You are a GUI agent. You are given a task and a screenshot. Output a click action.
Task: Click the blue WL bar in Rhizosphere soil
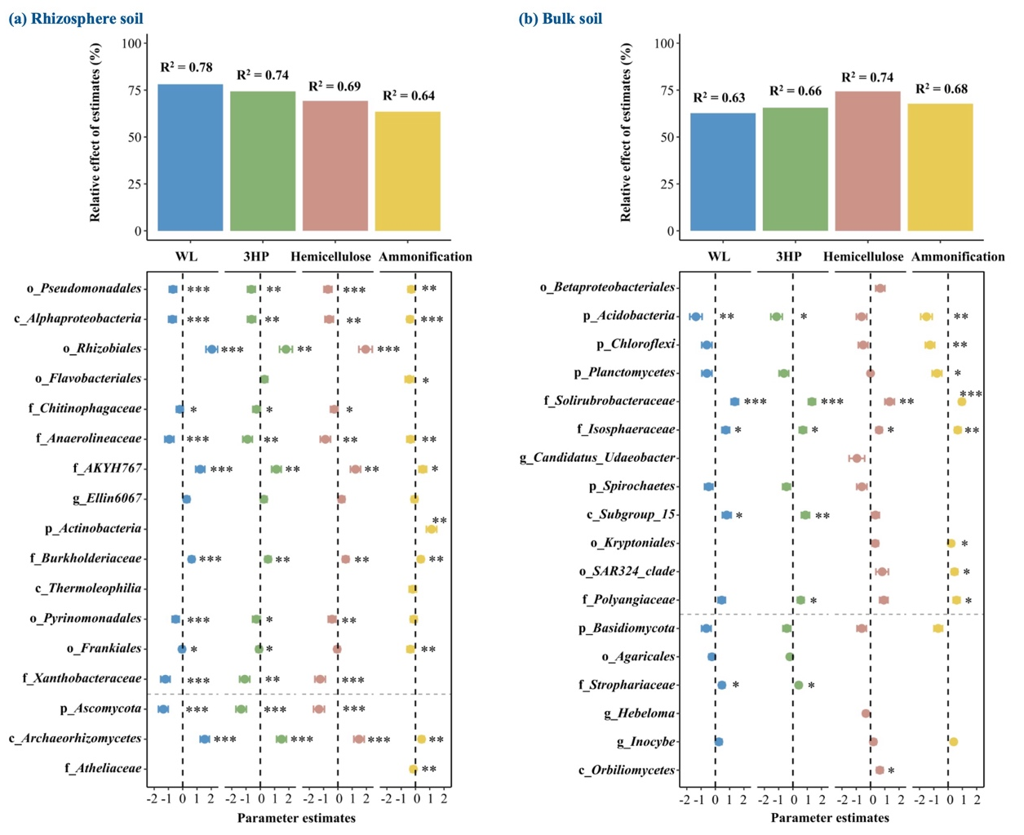point(190,157)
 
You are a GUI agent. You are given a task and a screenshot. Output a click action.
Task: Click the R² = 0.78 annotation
point(186,68)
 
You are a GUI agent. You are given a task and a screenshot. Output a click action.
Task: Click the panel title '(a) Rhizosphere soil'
point(75,19)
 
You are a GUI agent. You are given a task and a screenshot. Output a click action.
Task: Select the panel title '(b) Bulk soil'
point(561,19)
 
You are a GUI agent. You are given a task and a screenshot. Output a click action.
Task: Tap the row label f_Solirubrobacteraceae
point(609,401)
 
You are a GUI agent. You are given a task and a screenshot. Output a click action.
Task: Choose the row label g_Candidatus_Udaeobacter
point(597,458)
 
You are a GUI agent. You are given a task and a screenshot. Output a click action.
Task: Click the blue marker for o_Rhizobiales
point(211,349)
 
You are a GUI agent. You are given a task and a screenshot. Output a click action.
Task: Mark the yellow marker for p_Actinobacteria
point(431,530)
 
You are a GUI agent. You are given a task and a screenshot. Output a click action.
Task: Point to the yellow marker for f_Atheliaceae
point(413,769)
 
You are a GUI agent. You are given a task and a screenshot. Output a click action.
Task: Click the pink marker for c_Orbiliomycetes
point(879,771)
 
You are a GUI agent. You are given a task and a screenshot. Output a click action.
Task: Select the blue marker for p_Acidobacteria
point(695,317)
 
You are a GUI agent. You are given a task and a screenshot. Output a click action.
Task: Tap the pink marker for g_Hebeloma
point(866,713)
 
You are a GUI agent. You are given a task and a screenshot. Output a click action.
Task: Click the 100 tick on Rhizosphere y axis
point(130,43)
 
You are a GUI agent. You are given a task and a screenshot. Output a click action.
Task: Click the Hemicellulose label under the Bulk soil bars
point(862,256)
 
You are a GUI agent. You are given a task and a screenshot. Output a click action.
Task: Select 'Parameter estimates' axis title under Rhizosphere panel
point(296,818)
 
